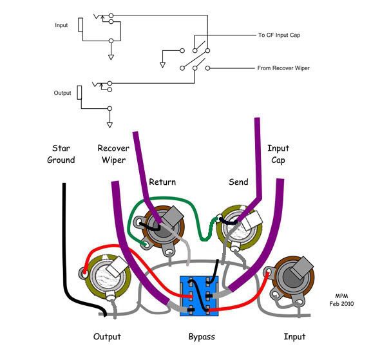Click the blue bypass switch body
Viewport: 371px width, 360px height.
[x=199, y=296]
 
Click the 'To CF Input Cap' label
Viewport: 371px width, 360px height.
[x=279, y=35]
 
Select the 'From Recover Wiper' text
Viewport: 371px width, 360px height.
[x=283, y=68]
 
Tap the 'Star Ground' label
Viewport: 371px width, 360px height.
[x=61, y=154]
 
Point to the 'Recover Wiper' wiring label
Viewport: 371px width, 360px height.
[x=113, y=154]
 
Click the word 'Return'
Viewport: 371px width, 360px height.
[x=162, y=182]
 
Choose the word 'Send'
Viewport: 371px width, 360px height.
[x=238, y=182]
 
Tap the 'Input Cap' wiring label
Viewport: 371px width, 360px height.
[x=278, y=154]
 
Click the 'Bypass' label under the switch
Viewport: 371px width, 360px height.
[x=202, y=337]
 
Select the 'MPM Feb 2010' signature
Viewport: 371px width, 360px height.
[x=341, y=299]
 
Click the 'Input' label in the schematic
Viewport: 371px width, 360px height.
[x=61, y=25]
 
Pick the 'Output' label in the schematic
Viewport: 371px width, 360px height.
[x=62, y=93]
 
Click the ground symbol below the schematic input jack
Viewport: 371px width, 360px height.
[x=111, y=57]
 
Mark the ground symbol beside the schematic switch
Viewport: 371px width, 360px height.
[x=162, y=65]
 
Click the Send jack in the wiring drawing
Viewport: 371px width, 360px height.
[x=239, y=228]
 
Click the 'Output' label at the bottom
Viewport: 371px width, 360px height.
[x=107, y=337]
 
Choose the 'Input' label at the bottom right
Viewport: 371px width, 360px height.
[x=294, y=337]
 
